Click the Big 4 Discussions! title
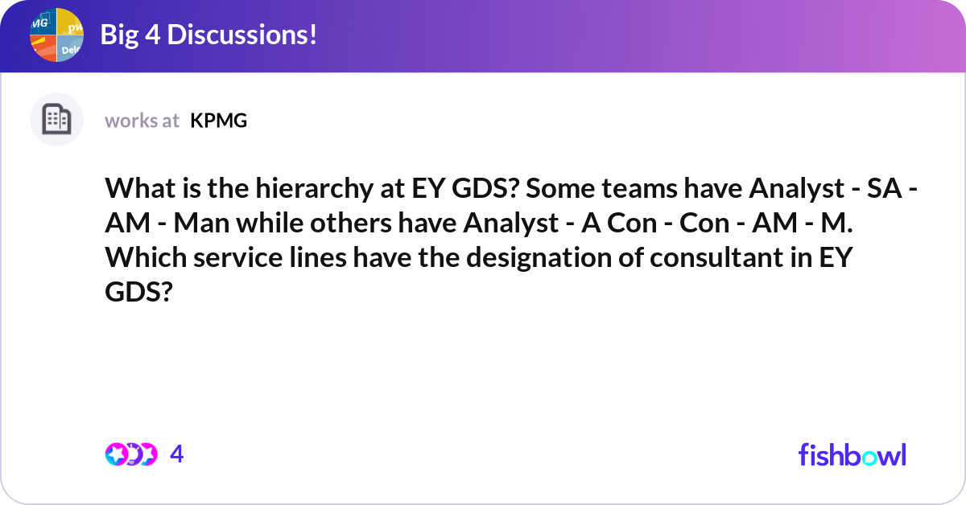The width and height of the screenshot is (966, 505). point(208,35)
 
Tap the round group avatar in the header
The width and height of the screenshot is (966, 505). point(57,35)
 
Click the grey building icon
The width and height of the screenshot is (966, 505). point(56,120)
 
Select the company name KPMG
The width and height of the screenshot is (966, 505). point(218,121)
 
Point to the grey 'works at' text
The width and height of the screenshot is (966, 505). point(142,121)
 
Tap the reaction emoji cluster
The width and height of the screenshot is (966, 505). point(130,454)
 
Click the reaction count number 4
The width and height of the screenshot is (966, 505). point(177,454)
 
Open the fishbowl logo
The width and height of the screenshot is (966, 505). point(852,454)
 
